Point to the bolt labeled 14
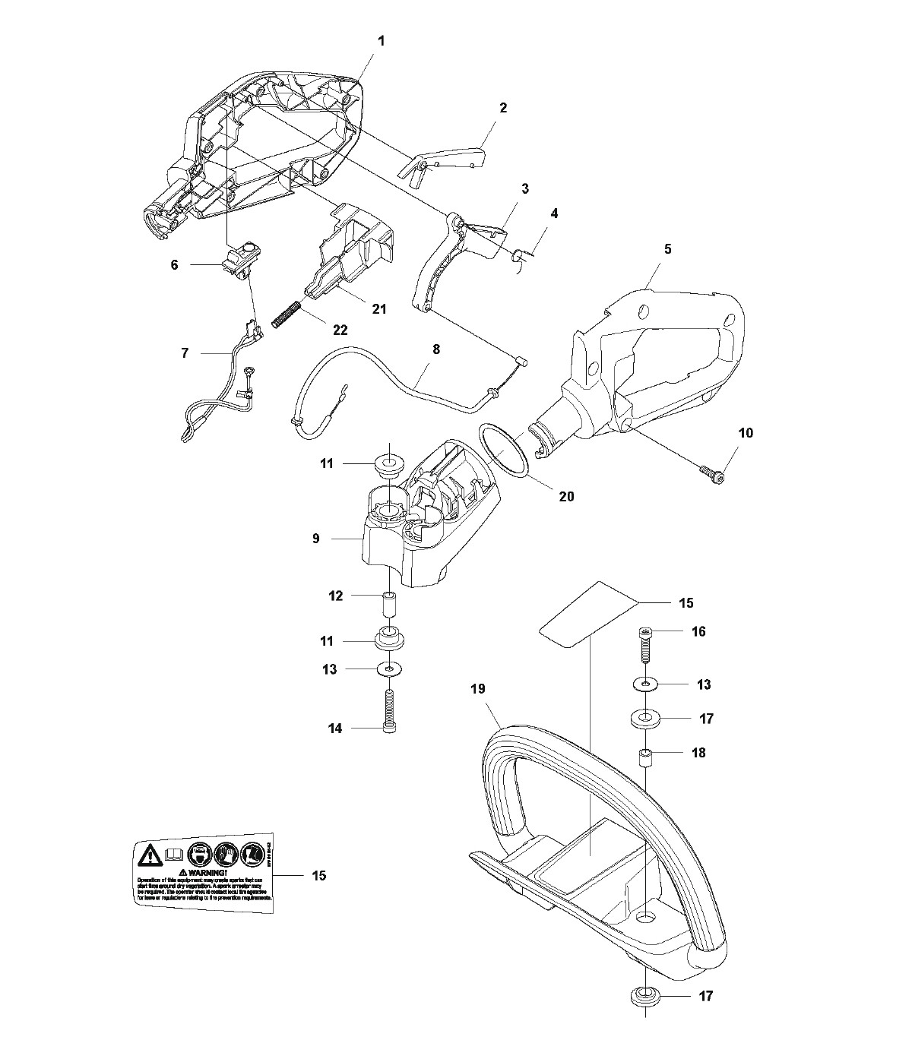pyautogui.click(x=391, y=708)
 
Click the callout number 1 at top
pyautogui.click(x=381, y=40)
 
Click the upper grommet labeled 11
pyautogui.click(x=389, y=463)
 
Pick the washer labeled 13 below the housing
pyautogui.click(x=391, y=669)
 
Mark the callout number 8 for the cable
pyautogui.click(x=435, y=350)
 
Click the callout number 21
pyautogui.click(x=378, y=309)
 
